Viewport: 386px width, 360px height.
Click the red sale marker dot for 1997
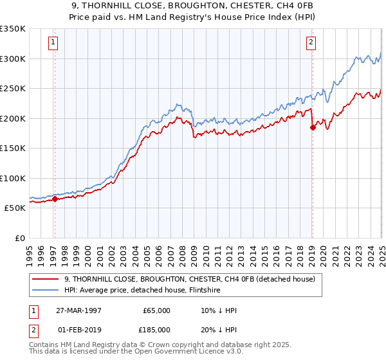[55, 199]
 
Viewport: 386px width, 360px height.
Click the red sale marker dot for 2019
[313, 127]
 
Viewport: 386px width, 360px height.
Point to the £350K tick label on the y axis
[13, 29]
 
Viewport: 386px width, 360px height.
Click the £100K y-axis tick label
[13, 178]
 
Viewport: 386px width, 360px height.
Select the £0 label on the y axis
[19, 238]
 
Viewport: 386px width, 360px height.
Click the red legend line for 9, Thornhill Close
[46, 279]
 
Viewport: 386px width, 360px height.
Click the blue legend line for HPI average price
[46, 290]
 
